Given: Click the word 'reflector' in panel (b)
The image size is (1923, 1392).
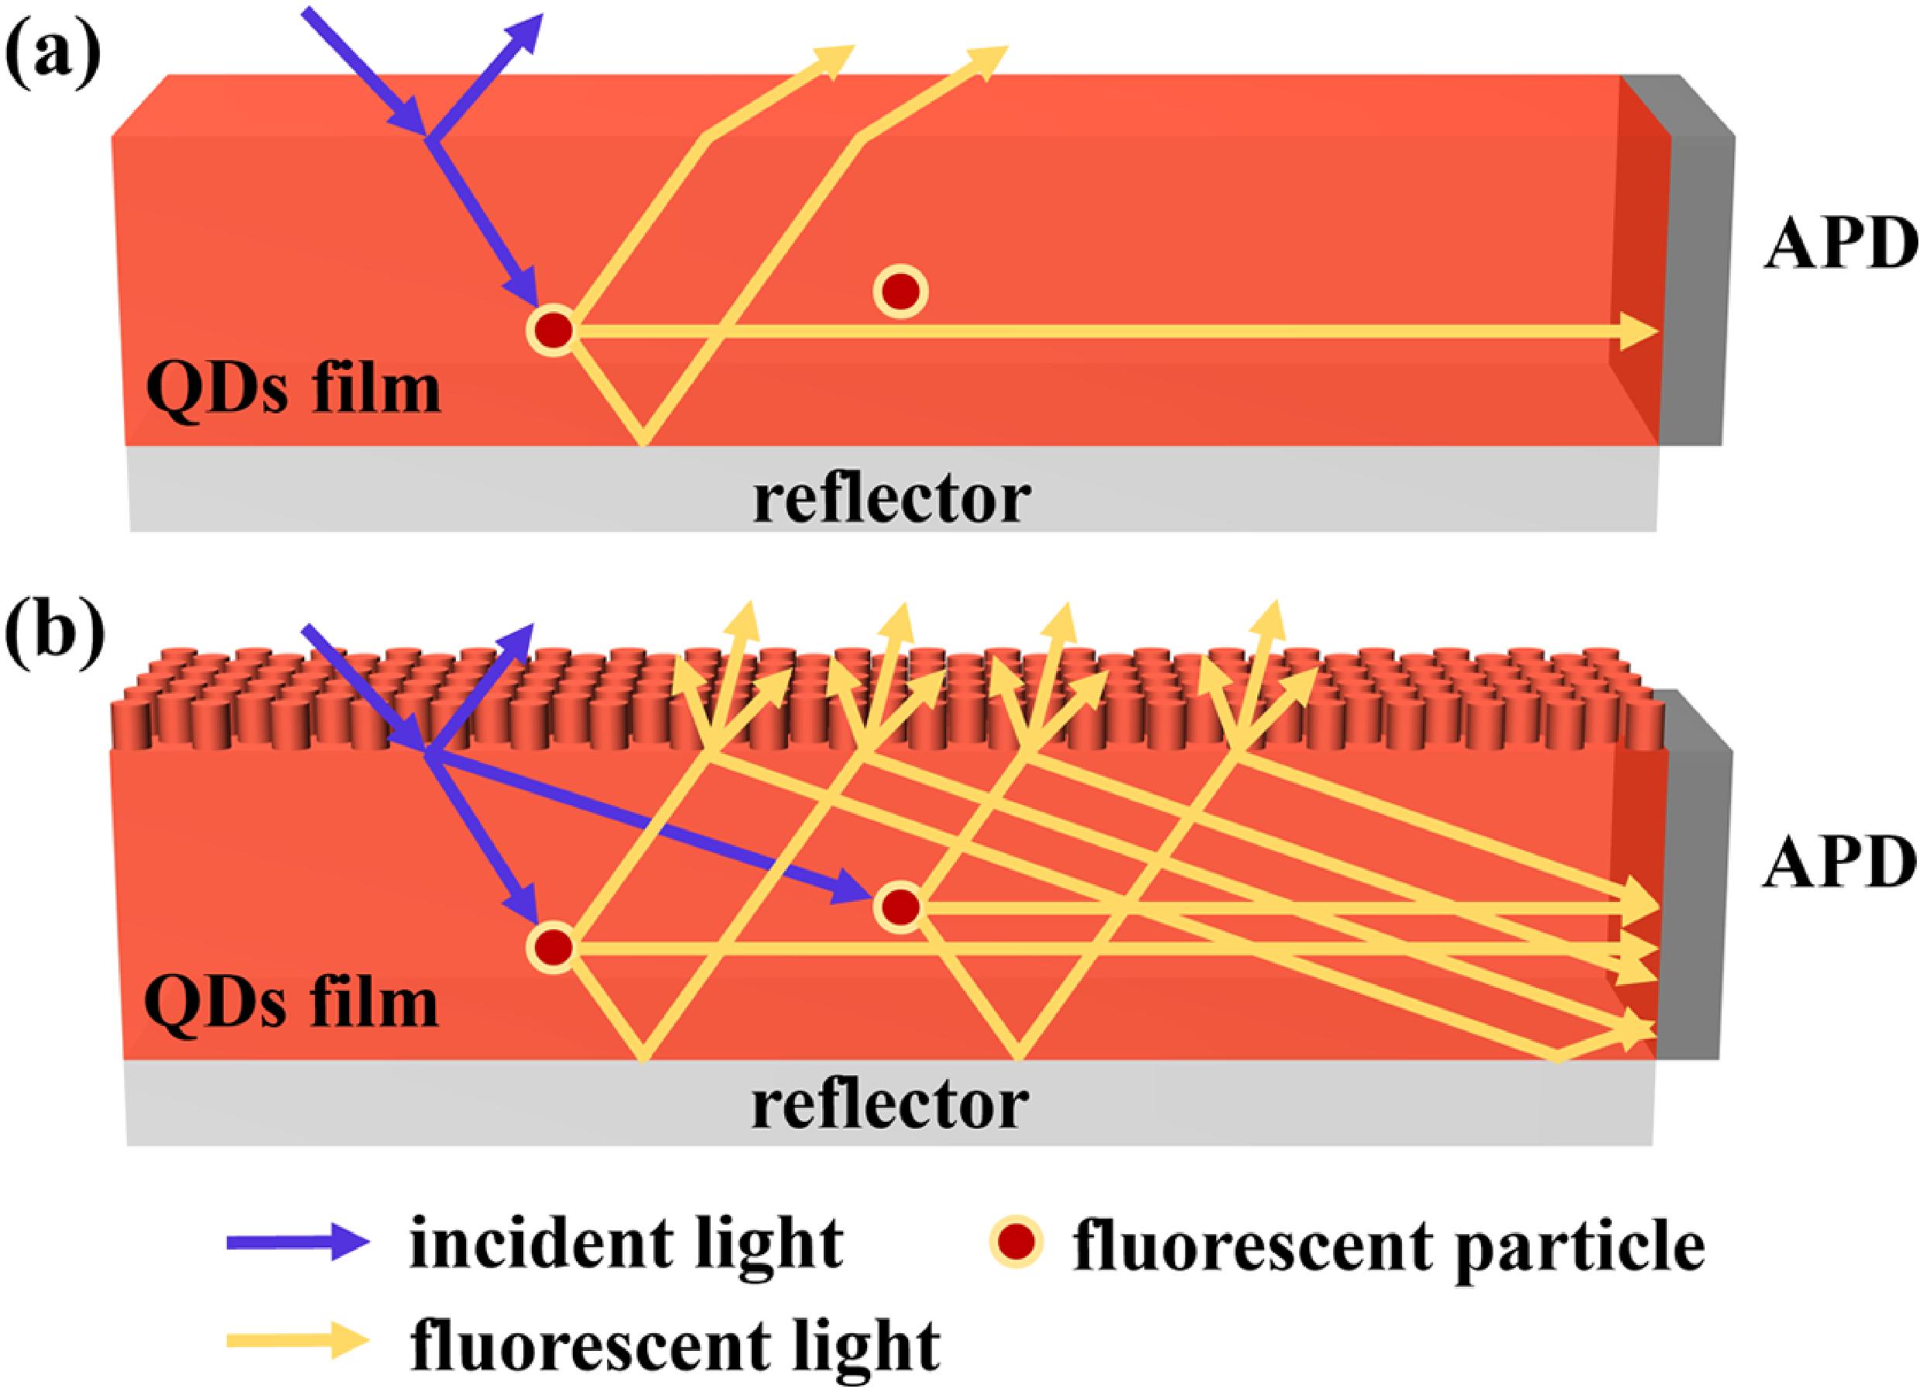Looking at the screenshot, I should [890, 1106].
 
